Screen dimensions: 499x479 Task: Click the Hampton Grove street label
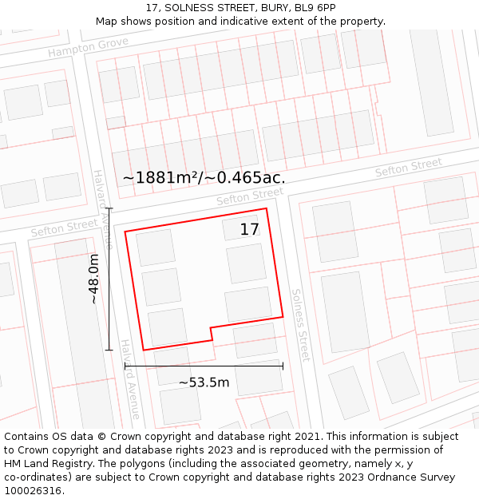pyautogui.click(x=88, y=48)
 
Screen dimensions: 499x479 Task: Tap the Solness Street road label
pyautogui.click(x=299, y=325)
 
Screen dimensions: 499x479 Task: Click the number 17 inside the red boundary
pyautogui.click(x=249, y=230)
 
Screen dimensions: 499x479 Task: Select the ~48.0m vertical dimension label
pyautogui.click(x=93, y=279)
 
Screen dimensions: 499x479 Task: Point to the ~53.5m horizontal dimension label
pyautogui.click(x=204, y=382)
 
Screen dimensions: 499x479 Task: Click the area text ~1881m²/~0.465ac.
pyautogui.click(x=204, y=177)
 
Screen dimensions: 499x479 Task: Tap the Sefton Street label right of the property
pyautogui.click(x=408, y=168)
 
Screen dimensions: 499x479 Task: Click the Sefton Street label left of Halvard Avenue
pyautogui.click(x=64, y=228)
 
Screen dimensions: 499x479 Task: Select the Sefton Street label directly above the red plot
pyautogui.click(x=250, y=196)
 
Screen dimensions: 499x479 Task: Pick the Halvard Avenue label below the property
pyautogui.click(x=130, y=379)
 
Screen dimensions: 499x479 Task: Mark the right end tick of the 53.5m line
pyautogui.click(x=283, y=366)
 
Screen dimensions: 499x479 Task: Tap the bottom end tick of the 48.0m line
pyautogui.click(x=109, y=350)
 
